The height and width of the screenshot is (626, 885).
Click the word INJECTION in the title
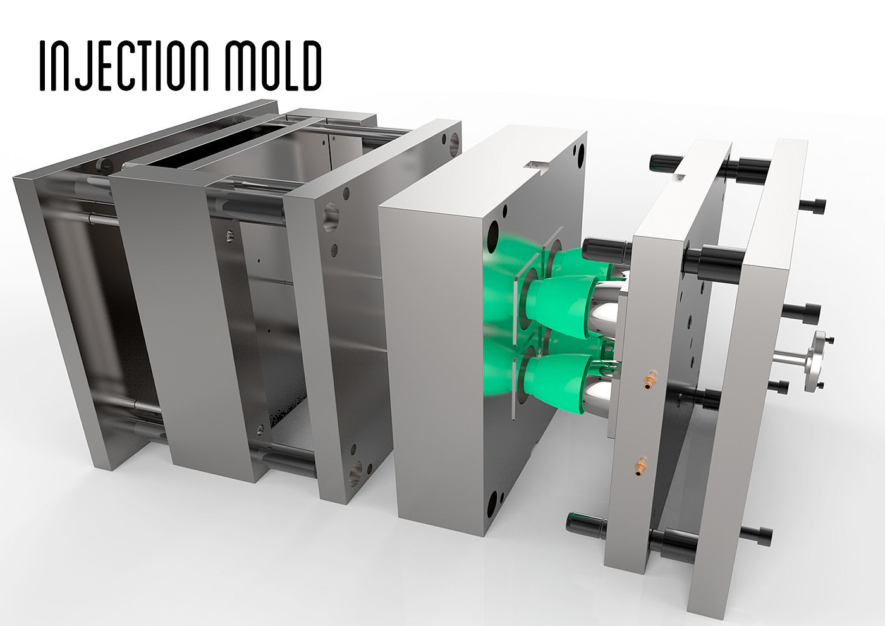[124, 66]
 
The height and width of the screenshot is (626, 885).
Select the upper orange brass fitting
[649, 380]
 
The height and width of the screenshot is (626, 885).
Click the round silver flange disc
[817, 360]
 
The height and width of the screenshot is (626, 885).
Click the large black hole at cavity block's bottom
[492, 505]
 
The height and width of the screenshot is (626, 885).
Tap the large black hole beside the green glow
[494, 236]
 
